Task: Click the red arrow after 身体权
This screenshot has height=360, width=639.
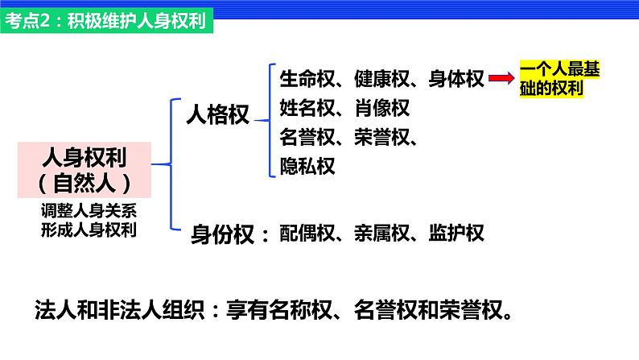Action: [501, 78]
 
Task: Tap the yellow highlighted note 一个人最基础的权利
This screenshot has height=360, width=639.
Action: [559, 79]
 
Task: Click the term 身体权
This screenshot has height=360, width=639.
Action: [456, 79]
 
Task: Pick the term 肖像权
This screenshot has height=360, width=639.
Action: [381, 108]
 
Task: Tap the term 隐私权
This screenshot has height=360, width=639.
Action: [307, 167]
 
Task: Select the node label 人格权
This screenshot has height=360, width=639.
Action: [217, 114]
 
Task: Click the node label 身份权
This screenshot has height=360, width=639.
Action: [222, 234]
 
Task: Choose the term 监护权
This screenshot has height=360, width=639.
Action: [456, 234]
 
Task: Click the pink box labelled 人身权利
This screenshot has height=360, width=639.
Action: [85, 170]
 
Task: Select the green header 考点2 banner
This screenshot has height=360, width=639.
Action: [107, 21]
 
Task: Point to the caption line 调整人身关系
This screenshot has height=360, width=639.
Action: [89, 211]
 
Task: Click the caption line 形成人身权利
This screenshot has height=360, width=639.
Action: [89, 230]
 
